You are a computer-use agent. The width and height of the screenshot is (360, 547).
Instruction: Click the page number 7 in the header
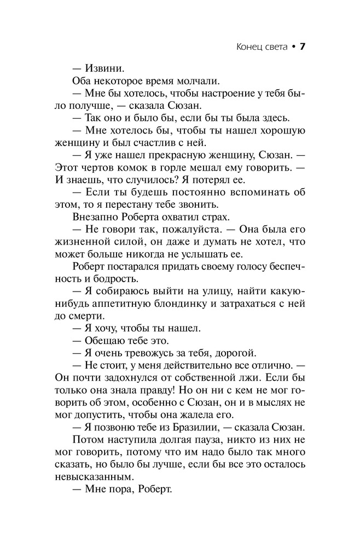[x=301, y=46]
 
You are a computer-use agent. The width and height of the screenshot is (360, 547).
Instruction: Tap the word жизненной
[x=85, y=243]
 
